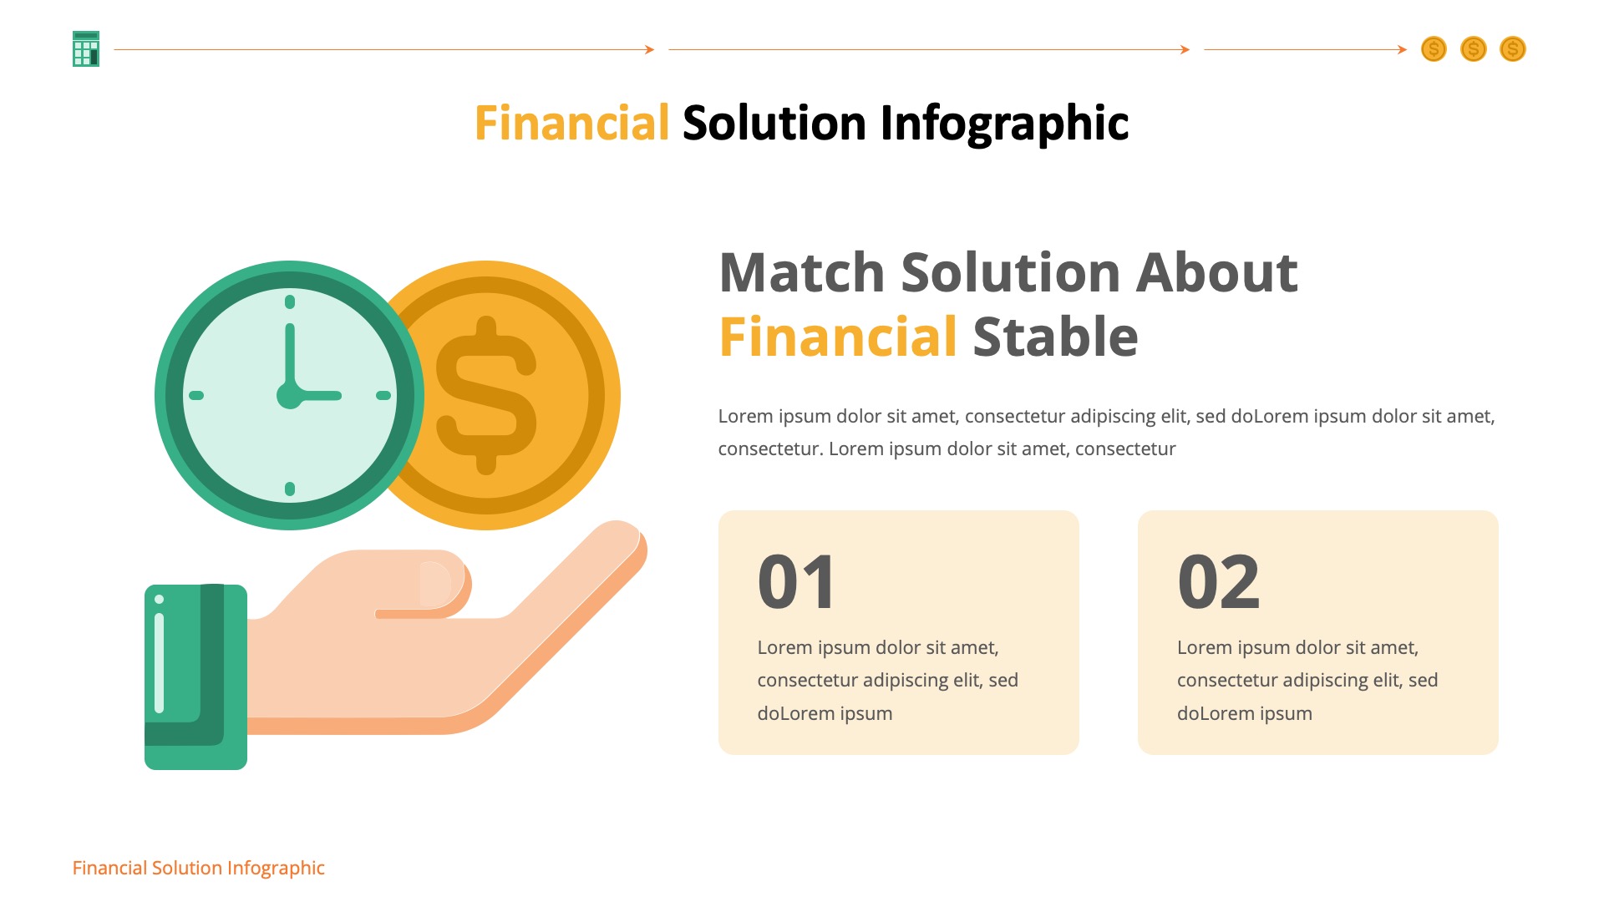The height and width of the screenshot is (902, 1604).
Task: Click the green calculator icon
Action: click(86, 49)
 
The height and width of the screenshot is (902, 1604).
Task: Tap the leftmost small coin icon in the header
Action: click(1434, 49)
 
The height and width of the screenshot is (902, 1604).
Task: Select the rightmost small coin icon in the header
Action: click(1512, 49)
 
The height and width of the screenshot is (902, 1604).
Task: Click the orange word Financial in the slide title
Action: click(571, 123)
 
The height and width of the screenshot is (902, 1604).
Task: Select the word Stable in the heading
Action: click(1055, 337)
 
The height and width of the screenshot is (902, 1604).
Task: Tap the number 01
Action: click(795, 582)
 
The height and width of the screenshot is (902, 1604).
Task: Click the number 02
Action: click(1218, 582)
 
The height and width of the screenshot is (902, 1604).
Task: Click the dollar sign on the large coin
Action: click(486, 395)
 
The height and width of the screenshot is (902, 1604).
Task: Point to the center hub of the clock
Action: click(289, 395)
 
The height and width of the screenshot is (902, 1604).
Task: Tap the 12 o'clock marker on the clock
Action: click(290, 302)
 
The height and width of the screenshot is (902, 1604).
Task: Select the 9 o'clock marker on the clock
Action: click(196, 395)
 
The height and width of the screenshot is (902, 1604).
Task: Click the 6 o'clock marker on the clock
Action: click(290, 489)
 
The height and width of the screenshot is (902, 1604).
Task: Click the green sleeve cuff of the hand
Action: click(195, 676)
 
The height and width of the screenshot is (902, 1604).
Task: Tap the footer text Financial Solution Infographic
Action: click(198, 868)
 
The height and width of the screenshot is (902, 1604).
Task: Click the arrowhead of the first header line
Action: click(649, 49)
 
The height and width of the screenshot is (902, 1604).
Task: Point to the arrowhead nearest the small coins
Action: click(1403, 49)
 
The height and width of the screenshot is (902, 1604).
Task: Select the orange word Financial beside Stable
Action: click(838, 337)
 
